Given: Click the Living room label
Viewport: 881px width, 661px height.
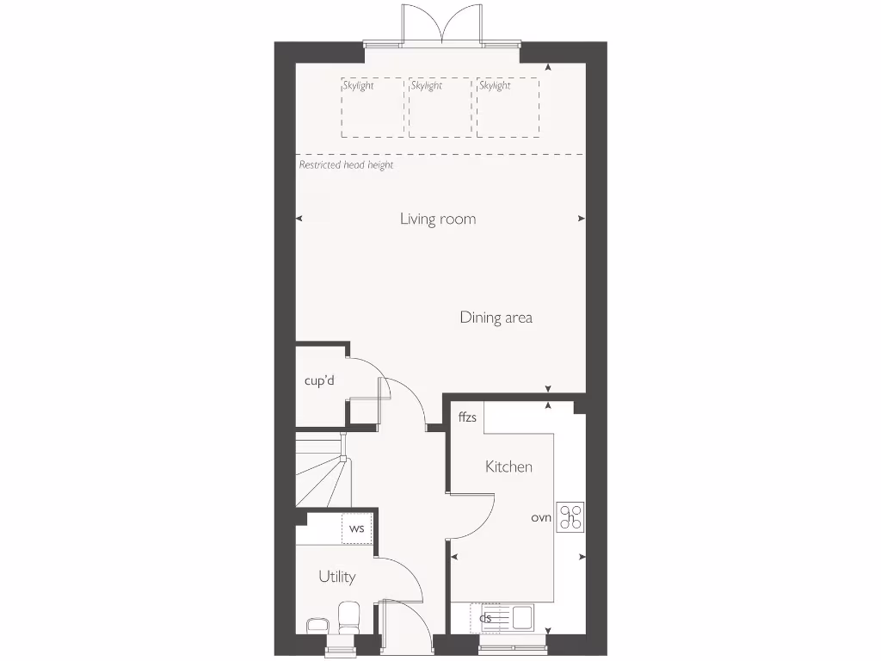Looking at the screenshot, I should click(x=437, y=219).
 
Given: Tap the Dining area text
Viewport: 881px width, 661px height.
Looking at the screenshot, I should click(x=496, y=318).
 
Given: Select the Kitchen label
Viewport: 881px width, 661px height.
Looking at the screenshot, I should click(x=508, y=466).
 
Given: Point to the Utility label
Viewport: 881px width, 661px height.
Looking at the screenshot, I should click(x=336, y=577).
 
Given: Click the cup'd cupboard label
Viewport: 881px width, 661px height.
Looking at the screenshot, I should click(x=319, y=380).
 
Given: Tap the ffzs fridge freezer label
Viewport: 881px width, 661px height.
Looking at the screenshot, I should click(x=467, y=418).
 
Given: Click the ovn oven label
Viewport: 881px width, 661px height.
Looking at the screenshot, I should click(x=540, y=517).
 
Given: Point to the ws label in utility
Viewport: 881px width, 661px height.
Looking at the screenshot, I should click(x=356, y=528).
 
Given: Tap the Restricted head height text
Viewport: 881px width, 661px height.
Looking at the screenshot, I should click(x=346, y=164).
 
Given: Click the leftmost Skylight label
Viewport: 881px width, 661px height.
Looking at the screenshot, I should click(x=358, y=86).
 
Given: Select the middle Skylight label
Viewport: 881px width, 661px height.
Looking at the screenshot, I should click(x=427, y=86).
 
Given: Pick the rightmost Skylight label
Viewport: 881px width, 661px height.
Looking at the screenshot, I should click(x=495, y=86).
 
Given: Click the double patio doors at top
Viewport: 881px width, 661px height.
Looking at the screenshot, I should click(x=443, y=26).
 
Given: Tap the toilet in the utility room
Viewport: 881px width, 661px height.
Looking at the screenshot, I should click(x=349, y=617).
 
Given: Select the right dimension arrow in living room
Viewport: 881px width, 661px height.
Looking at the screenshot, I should click(x=581, y=219).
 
